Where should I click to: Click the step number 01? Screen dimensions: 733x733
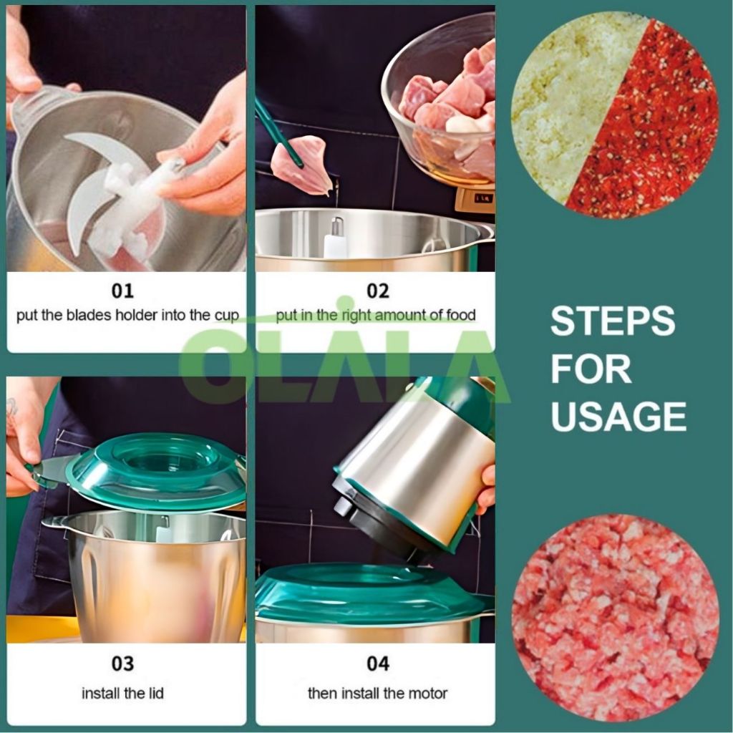coord(122,291)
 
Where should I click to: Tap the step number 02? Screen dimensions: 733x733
coord(378,291)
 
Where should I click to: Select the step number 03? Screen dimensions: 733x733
coord(122,664)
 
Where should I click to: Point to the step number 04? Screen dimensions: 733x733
coord(378,664)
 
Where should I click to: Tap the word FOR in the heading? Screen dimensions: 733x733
coord(591,369)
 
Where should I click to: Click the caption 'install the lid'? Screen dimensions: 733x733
coord(122,693)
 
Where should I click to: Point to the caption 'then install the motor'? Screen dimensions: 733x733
coord(378,693)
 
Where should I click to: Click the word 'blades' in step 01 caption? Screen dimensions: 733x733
coord(89,315)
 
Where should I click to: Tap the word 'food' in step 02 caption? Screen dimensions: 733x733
coord(460,315)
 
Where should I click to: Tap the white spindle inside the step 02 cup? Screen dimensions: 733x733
coord(336,238)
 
